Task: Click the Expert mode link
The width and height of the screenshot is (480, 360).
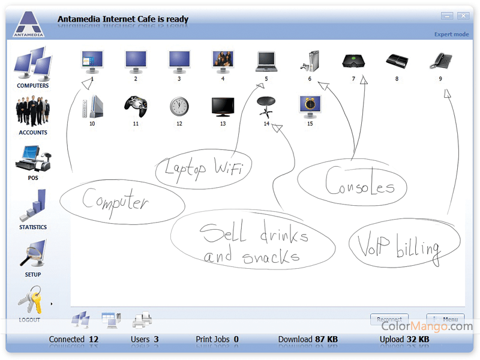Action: [452, 34]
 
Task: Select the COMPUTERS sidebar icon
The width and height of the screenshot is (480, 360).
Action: [33, 63]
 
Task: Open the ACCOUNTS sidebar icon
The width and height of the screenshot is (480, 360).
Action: [33, 111]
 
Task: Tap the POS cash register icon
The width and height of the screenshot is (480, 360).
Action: [33, 158]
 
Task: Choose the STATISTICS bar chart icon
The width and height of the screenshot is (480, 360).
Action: [33, 205]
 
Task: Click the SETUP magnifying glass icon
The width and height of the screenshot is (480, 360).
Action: [33, 253]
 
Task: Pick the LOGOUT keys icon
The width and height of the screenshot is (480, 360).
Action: [30, 300]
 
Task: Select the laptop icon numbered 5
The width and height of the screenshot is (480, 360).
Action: [266, 62]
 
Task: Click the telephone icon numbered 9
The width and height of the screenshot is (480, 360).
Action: [440, 61]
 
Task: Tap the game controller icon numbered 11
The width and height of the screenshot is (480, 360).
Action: [136, 106]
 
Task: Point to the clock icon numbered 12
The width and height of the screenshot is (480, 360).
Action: [179, 107]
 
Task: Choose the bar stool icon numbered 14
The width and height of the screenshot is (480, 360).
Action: [266, 107]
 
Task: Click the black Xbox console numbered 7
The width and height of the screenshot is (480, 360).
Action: [353, 61]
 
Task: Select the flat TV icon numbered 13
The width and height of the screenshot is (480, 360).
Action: [223, 107]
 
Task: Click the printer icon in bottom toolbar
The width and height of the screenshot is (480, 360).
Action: [142, 320]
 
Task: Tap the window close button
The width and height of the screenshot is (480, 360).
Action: [463, 16]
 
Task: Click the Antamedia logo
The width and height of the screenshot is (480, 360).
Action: [29, 24]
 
